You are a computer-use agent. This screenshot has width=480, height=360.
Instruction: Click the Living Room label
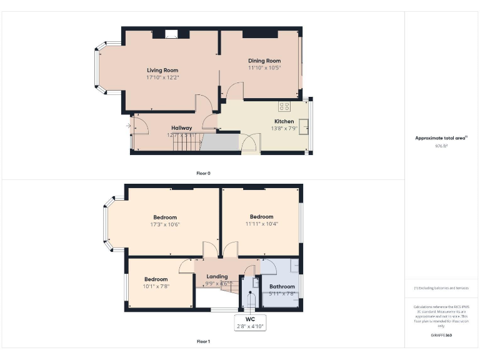162,70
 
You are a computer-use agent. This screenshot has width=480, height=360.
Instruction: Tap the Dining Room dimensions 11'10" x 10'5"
260,68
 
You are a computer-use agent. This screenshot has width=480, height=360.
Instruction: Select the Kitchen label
284,121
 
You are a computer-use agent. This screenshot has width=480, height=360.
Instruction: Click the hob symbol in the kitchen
284,106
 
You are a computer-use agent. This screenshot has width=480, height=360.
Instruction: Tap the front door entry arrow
129,126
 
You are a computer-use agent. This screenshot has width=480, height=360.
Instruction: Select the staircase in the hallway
186,144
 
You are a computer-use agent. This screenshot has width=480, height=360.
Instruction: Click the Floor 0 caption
203,173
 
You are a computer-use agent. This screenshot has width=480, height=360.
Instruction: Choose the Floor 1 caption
203,342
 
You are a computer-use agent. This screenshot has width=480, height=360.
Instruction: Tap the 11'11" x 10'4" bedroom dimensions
261,224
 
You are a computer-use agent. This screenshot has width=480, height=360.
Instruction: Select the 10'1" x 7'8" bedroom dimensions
156,286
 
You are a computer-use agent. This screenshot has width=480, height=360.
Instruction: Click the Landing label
217,276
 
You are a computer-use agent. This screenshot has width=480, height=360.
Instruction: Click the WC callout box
250,322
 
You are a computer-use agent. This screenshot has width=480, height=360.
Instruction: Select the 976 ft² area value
441,146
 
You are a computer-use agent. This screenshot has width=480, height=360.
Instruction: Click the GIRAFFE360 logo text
441,336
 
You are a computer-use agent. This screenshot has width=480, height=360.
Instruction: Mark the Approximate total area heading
441,138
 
